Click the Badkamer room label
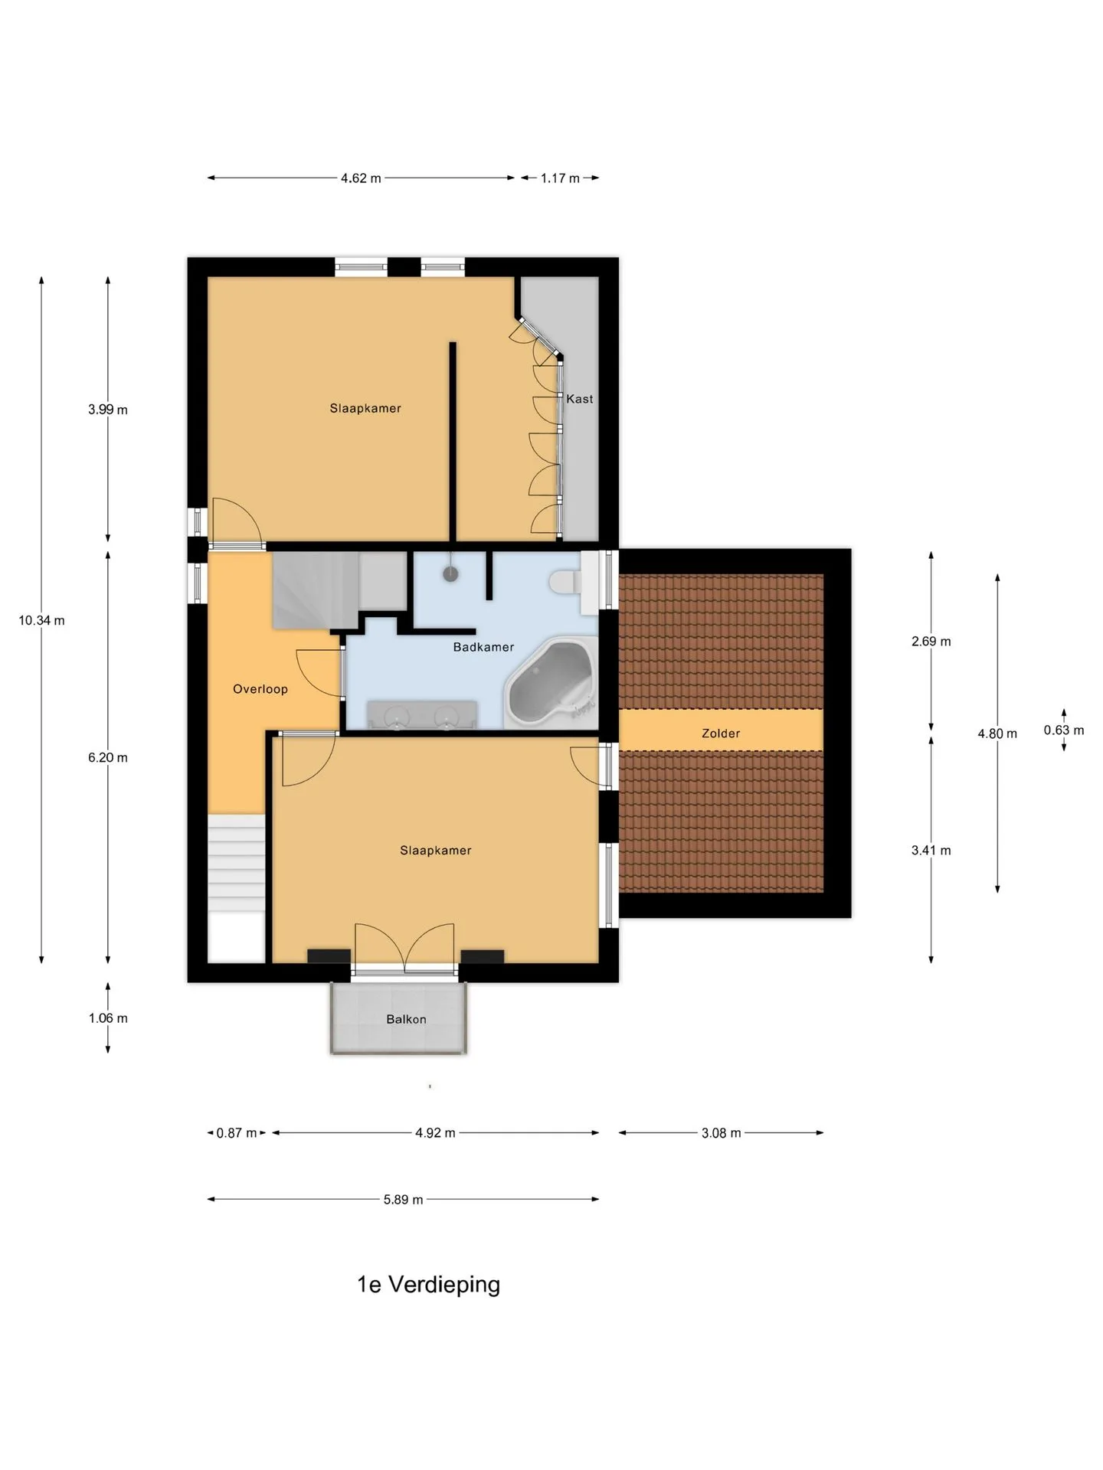coord(483,647)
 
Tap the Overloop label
coord(260,689)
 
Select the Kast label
coord(580,399)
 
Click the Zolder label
coord(721,733)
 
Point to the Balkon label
coord(406,1019)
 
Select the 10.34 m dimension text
coord(41,620)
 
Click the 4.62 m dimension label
coord(361,178)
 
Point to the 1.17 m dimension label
coord(560,178)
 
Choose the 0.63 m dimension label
coord(1064,730)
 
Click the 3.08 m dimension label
coord(722,1133)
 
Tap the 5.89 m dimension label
coord(404,1200)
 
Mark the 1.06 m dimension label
coord(108,1018)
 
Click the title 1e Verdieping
coord(428,1284)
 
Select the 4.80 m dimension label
coord(997,733)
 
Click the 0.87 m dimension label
coord(237,1133)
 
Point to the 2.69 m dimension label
coord(931,642)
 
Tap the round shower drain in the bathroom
coord(450,573)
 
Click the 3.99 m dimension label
coord(108,410)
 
